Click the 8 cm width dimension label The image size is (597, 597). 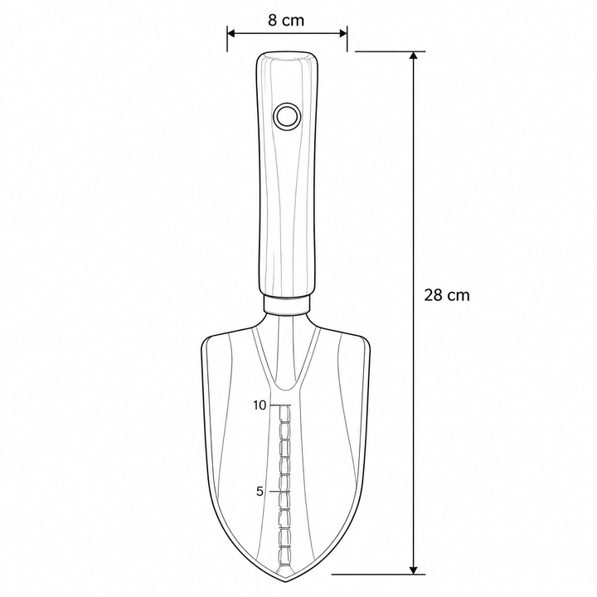point(286,20)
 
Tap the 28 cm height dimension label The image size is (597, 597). point(447,295)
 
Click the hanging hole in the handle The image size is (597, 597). point(287,116)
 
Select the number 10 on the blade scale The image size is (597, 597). point(260,405)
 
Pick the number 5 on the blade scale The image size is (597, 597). point(260,492)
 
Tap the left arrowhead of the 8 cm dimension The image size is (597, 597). point(231,33)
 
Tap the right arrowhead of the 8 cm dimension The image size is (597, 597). point(343,33)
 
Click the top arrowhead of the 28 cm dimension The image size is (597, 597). point(414,56)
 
